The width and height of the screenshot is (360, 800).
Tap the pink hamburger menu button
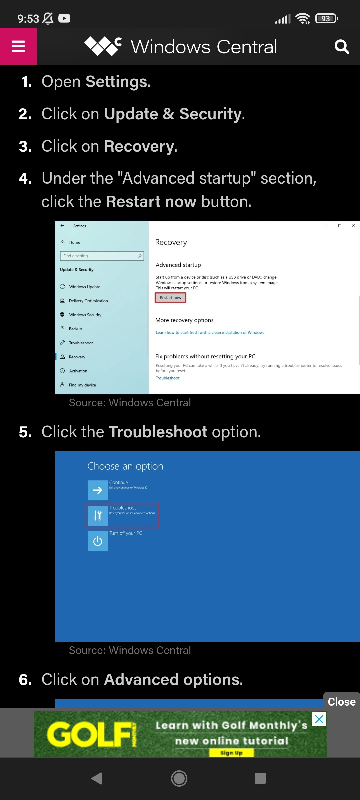click(18, 46)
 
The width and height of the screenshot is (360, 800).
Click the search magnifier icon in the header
click(342, 47)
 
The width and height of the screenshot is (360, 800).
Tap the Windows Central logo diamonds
click(102, 46)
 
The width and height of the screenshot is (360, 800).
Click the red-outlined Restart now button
click(170, 298)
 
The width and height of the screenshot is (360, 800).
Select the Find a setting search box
click(102, 256)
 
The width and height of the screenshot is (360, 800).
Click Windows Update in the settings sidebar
click(84, 287)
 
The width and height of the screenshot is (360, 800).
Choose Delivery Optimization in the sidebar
click(88, 301)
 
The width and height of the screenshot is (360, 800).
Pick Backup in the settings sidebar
click(75, 329)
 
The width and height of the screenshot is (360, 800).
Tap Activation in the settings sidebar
click(78, 371)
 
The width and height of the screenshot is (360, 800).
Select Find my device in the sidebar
click(82, 385)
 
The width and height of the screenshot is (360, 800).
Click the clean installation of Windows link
click(210, 333)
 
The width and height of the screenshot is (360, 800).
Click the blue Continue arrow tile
click(98, 490)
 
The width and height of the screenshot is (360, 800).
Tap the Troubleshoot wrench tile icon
click(98, 516)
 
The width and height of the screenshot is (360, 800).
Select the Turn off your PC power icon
click(98, 541)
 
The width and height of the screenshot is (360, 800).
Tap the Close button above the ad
click(341, 702)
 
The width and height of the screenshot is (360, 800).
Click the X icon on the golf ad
click(319, 719)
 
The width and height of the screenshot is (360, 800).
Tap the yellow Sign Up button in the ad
click(231, 753)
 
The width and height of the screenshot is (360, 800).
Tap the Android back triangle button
click(97, 778)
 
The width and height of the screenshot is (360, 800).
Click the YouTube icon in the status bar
click(64, 18)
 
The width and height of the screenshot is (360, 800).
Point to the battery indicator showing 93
click(326, 19)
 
